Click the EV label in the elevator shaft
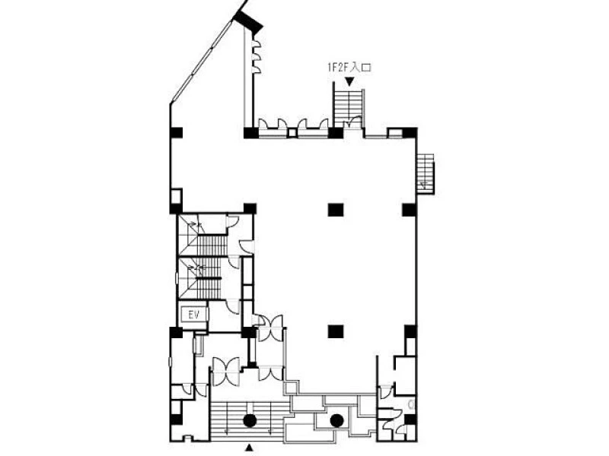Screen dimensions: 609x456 click(x=194, y=315)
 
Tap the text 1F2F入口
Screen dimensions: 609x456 click(x=349, y=68)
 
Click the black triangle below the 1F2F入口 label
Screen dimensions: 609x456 click(x=350, y=81)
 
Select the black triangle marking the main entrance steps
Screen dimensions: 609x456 click(x=250, y=448)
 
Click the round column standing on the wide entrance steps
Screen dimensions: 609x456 click(x=250, y=420)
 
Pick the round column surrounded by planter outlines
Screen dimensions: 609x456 click(x=336, y=420)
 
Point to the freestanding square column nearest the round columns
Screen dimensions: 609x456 click(x=336, y=331)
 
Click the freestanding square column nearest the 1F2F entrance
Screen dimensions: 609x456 click(x=336, y=210)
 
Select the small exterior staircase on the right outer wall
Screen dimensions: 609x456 click(x=426, y=173)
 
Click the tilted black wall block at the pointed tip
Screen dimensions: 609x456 click(x=248, y=22)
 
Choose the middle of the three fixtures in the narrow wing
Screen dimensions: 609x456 click(x=256, y=57)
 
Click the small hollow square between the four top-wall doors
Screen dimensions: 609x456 click(x=292, y=132)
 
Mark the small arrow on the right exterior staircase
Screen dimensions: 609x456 click(x=425, y=185)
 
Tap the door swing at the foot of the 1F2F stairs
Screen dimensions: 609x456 click(x=353, y=122)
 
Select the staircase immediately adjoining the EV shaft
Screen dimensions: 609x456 click(x=201, y=278)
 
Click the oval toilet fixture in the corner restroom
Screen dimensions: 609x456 click(x=411, y=404)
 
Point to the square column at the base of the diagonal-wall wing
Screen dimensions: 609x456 click(x=250, y=132)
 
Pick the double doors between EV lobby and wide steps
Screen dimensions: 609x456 click(x=225, y=372)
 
